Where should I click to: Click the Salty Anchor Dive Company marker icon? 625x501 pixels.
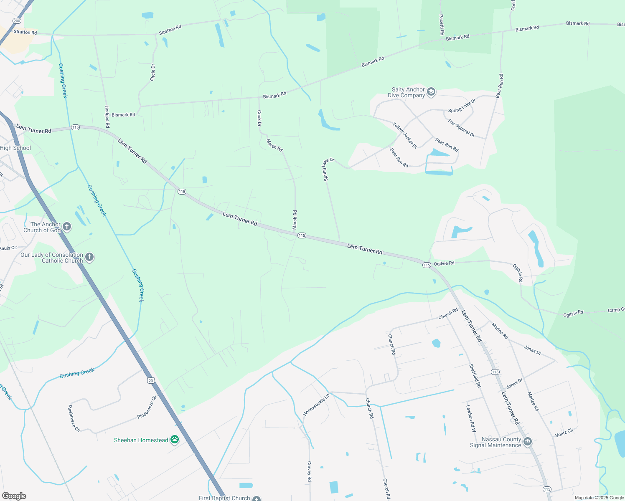click(x=431, y=92)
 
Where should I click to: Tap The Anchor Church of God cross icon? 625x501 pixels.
click(x=67, y=227)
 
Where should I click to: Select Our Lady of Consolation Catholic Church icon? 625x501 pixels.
click(x=89, y=257)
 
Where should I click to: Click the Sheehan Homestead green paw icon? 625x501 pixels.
click(x=175, y=440)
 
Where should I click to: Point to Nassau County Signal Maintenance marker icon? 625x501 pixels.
click(x=528, y=442)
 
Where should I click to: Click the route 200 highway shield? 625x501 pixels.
click(x=17, y=20)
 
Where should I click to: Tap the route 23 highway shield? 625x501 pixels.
click(x=151, y=380)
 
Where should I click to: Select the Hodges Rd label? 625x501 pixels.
click(x=107, y=116)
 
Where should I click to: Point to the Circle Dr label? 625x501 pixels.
click(x=153, y=72)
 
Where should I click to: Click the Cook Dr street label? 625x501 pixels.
click(x=259, y=118)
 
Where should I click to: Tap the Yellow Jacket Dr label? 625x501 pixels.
click(x=405, y=135)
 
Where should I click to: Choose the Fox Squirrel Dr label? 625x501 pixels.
click(x=462, y=128)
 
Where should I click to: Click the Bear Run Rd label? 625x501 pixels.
click(x=500, y=86)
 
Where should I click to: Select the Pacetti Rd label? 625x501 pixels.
click(x=441, y=25)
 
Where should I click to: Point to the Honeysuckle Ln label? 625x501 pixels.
click(x=316, y=405)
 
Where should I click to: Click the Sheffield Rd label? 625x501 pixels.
click(x=475, y=376)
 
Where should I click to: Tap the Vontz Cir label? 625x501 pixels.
click(x=564, y=433)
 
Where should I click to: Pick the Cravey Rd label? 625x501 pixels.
click(x=310, y=471)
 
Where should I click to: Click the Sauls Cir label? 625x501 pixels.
click(x=8, y=248)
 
